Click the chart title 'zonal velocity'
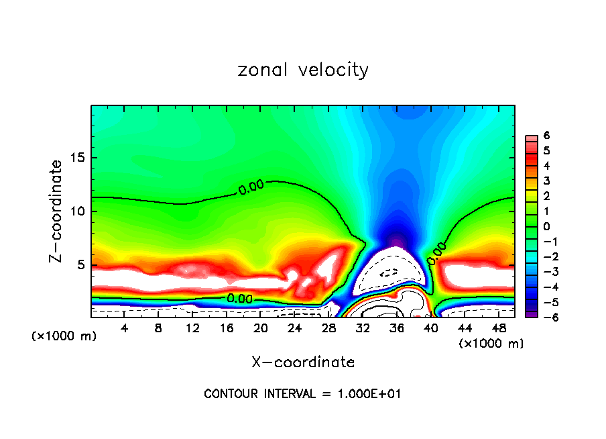(303, 70)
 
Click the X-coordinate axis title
(303, 362)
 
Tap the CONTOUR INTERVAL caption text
(302, 394)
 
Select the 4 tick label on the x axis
(125, 328)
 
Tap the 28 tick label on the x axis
(328, 328)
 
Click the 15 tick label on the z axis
(77, 158)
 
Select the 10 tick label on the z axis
(77, 211)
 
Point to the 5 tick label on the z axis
(80, 264)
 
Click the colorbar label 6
(546, 135)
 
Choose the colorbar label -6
(544, 318)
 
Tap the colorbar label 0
(546, 226)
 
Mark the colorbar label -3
(544, 272)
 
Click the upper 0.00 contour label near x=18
(251, 188)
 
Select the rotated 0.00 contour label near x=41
(436, 251)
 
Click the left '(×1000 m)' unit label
(64, 336)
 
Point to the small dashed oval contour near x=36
(389, 273)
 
